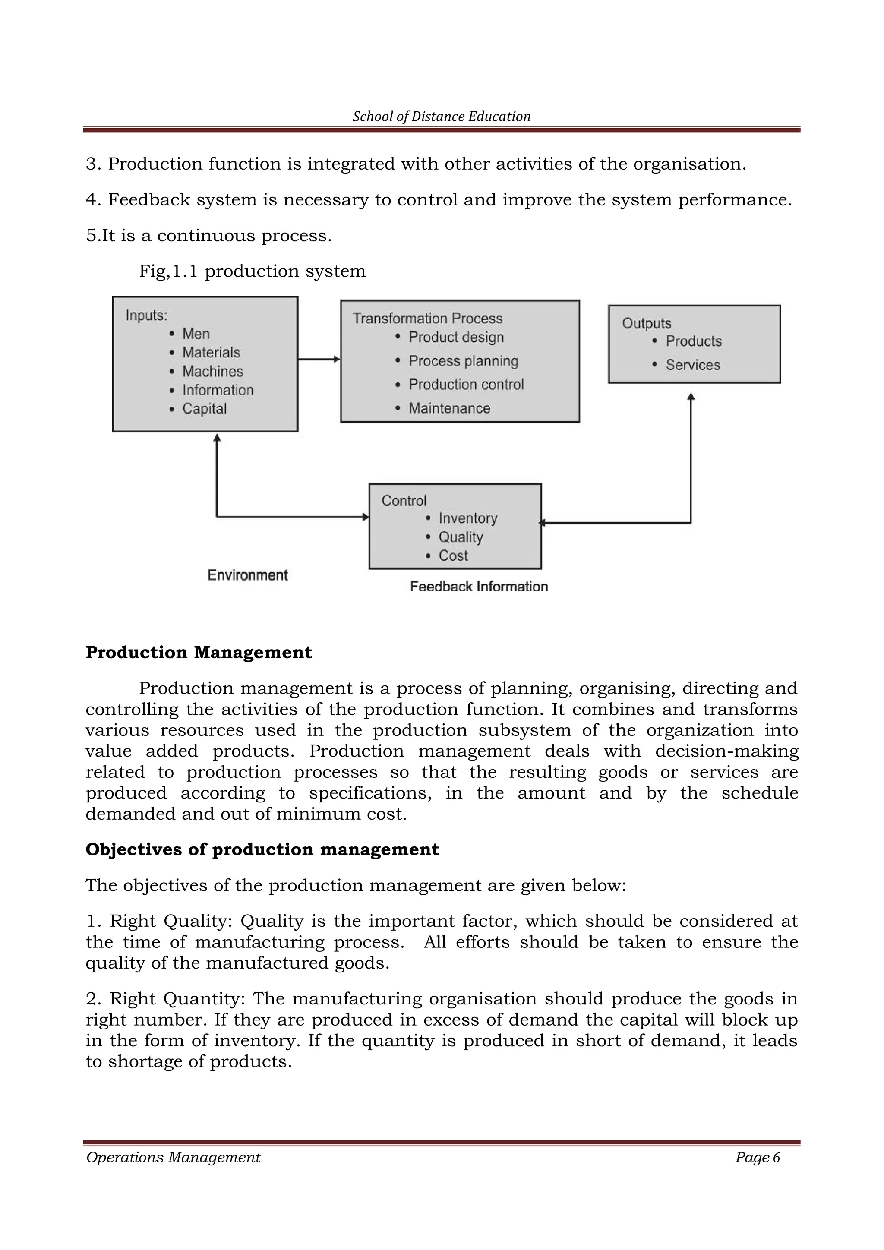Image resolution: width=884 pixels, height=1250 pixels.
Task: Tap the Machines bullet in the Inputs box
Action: pyautogui.click(x=212, y=371)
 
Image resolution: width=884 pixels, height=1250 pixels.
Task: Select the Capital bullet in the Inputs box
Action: pyautogui.click(x=204, y=408)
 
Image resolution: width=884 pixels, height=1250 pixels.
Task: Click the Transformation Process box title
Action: pyautogui.click(x=427, y=319)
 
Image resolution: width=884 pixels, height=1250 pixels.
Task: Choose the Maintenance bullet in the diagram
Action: pyautogui.click(x=449, y=408)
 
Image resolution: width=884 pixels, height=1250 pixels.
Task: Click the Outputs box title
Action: pyautogui.click(x=646, y=323)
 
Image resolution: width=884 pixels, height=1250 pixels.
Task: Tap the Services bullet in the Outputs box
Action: pyautogui.click(x=692, y=365)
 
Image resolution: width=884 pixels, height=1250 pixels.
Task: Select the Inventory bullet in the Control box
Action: pyautogui.click(x=467, y=518)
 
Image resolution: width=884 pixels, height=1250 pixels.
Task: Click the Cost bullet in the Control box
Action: pyautogui.click(x=453, y=556)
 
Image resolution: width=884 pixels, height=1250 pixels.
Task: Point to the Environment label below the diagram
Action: pyautogui.click(x=248, y=575)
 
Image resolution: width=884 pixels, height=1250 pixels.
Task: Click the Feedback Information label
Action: pyautogui.click(x=478, y=586)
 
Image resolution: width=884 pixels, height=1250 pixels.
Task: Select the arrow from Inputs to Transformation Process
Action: pyautogui.click(x=319, y=359)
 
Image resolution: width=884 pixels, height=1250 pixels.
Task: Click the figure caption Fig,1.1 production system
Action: pyautogui.click(x=252, y=271)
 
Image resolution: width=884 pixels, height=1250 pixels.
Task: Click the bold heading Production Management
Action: pyautogui.click(x=199, y=652)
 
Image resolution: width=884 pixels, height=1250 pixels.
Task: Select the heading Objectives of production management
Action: pyautogui.click(x=262, y=849)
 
